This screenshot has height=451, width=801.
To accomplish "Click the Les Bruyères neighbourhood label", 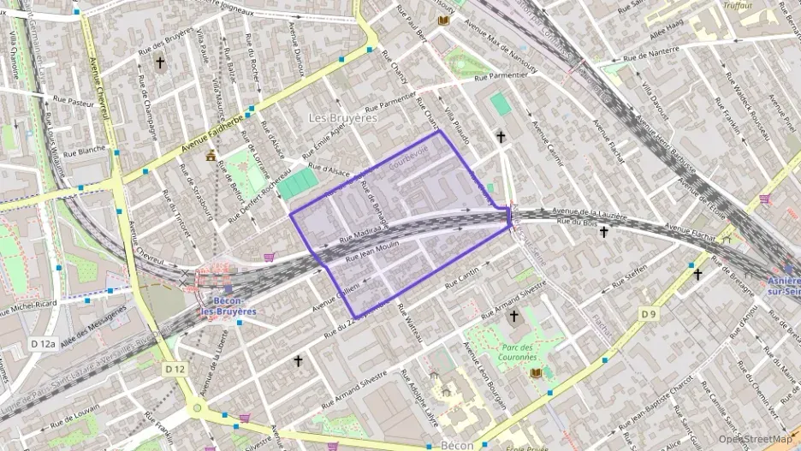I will click(342, 118).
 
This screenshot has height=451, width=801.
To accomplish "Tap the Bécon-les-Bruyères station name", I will click(228, 306).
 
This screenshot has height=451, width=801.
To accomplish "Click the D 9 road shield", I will click(649, 315).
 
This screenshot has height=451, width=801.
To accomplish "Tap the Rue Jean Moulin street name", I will click(372, 251).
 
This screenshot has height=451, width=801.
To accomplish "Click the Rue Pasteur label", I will click(68, 103).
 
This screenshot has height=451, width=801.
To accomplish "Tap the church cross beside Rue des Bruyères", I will click(159, 62).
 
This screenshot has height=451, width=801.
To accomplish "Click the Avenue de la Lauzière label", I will click(590, 211).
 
